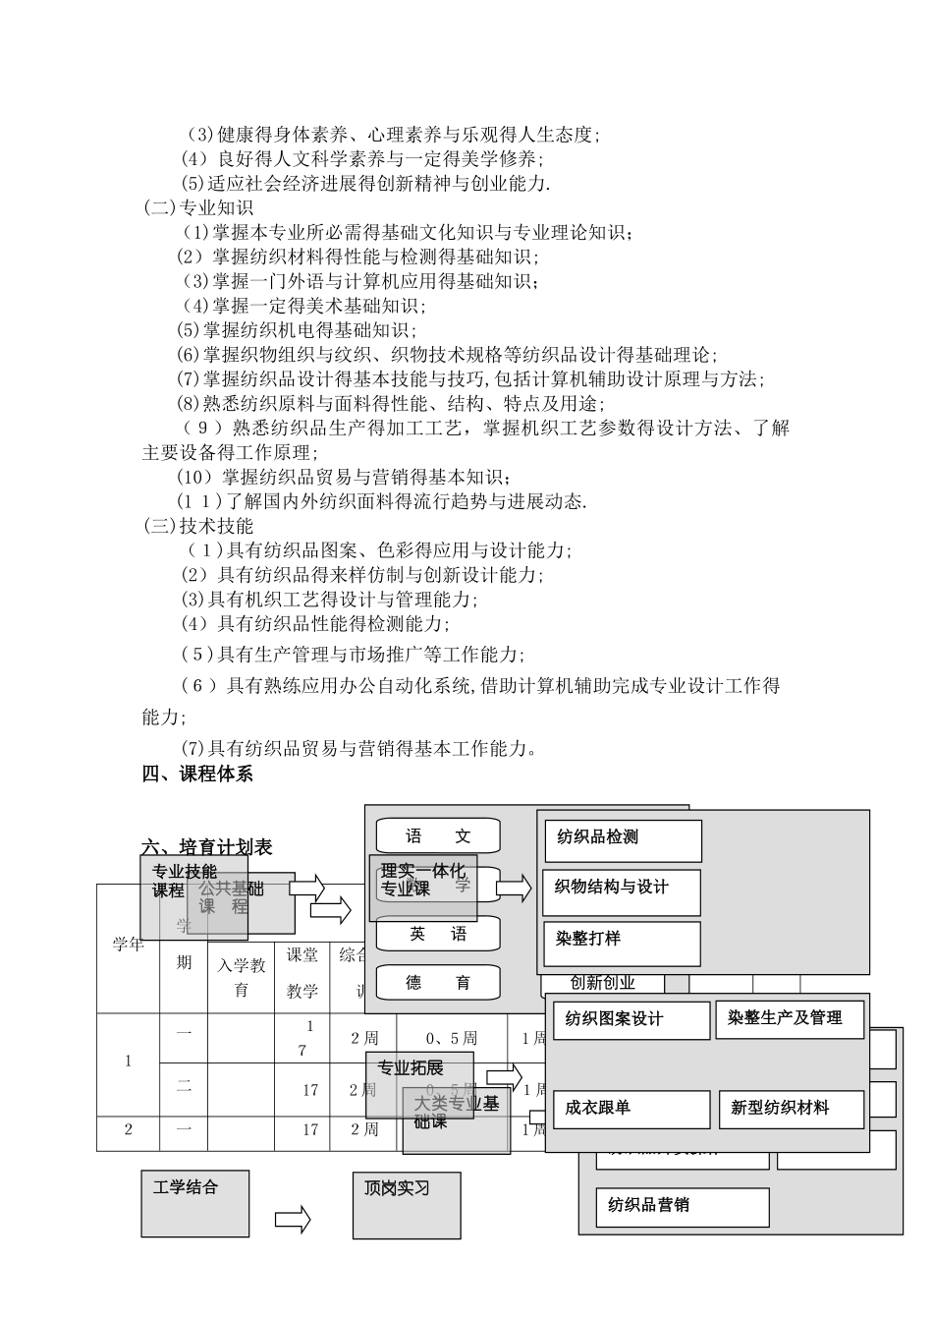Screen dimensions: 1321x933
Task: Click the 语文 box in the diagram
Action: [x=438, y=836]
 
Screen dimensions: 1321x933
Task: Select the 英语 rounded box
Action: [x=438, y=935]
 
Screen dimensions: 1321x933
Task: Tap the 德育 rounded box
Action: [x=438, y=982]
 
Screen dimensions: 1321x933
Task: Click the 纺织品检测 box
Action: [x=623, y=840]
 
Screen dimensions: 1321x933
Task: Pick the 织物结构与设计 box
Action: [x=622, y=891]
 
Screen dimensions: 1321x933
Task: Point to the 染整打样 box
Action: [x=622, y=943]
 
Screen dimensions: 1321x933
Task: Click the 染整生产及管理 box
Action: [x=790, y=1019]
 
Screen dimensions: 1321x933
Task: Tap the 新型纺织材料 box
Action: [x=791, y=1110]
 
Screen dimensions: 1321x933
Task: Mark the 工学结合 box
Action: [x=194, y=1203]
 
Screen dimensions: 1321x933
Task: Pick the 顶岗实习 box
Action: [x=407, y=1203]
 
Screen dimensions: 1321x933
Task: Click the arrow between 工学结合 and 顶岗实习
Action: [x=293, y=1220]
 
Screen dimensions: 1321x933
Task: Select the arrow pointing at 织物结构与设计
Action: [x=513, y=890]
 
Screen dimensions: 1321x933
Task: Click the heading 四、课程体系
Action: [x=197, y=774]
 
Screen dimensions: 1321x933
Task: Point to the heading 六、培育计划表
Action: [x=207, y=847]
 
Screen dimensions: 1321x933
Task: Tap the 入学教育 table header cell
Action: [x=242, y=977]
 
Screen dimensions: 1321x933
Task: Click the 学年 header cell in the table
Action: [x=129, y=946]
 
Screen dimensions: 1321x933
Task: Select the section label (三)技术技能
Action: [x=198, y=526]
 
